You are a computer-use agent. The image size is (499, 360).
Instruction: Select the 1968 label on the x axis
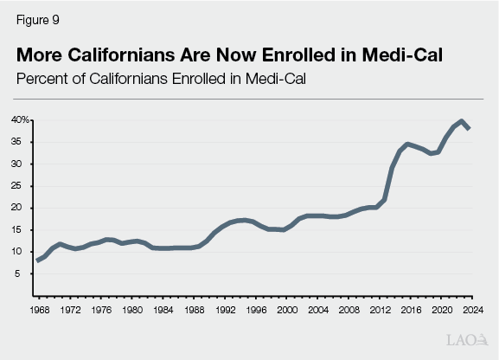point(39,310)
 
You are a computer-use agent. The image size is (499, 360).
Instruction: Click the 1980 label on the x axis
point(132,310)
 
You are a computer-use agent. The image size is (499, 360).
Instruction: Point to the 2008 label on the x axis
point(349,310)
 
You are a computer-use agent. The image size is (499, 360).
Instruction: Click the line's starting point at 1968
point(39,260)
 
